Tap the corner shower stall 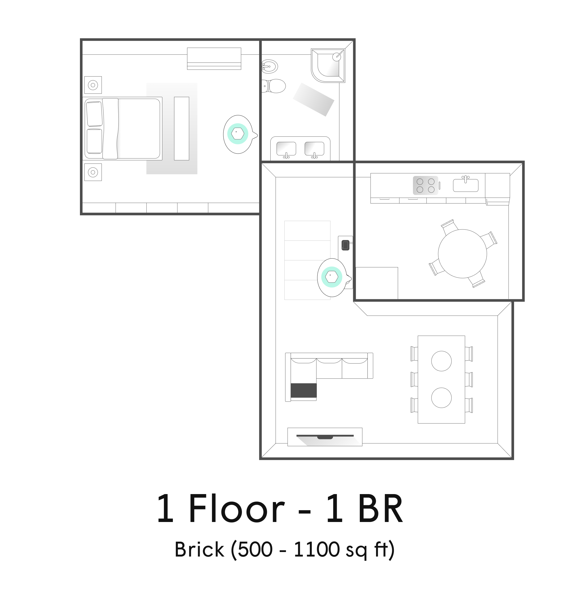pos(328,65)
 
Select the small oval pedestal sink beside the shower pos(270,66)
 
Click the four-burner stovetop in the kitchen pos(425,186)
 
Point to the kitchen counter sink pos(466,185)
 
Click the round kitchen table pos(462,254)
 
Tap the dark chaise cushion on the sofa pos(304,390)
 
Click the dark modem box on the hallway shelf pos(346,245)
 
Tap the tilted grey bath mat pos(313,99)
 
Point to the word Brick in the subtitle pos(199,549)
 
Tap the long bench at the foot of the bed pos(182,129)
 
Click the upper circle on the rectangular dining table pos(442,361)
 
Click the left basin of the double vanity pos(286,149)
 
